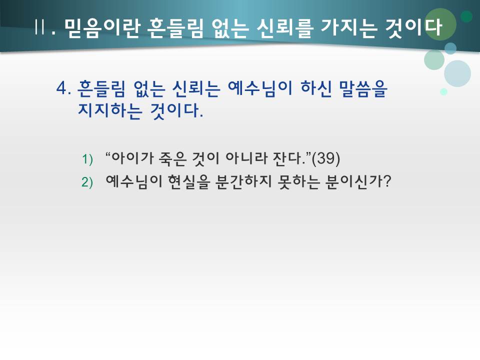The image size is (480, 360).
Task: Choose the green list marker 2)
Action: (x=87, y=182)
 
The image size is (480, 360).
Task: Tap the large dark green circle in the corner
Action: (x=440, y=24)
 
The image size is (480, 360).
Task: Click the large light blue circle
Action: (x=457, y=73)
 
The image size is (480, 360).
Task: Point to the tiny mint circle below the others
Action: (x=443, y=92)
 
